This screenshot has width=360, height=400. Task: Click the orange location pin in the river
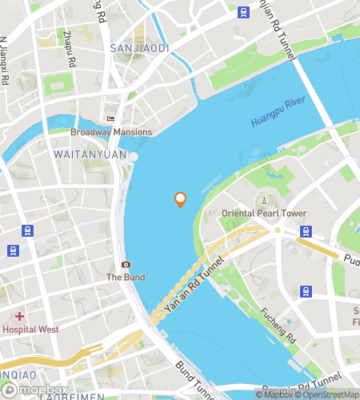[x=180, y=199]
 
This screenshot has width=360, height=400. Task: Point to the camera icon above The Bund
[x=125, y=265]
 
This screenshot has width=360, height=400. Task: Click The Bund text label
[x=125, y=278]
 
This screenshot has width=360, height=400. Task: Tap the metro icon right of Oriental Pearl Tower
[x=306, y=231]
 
